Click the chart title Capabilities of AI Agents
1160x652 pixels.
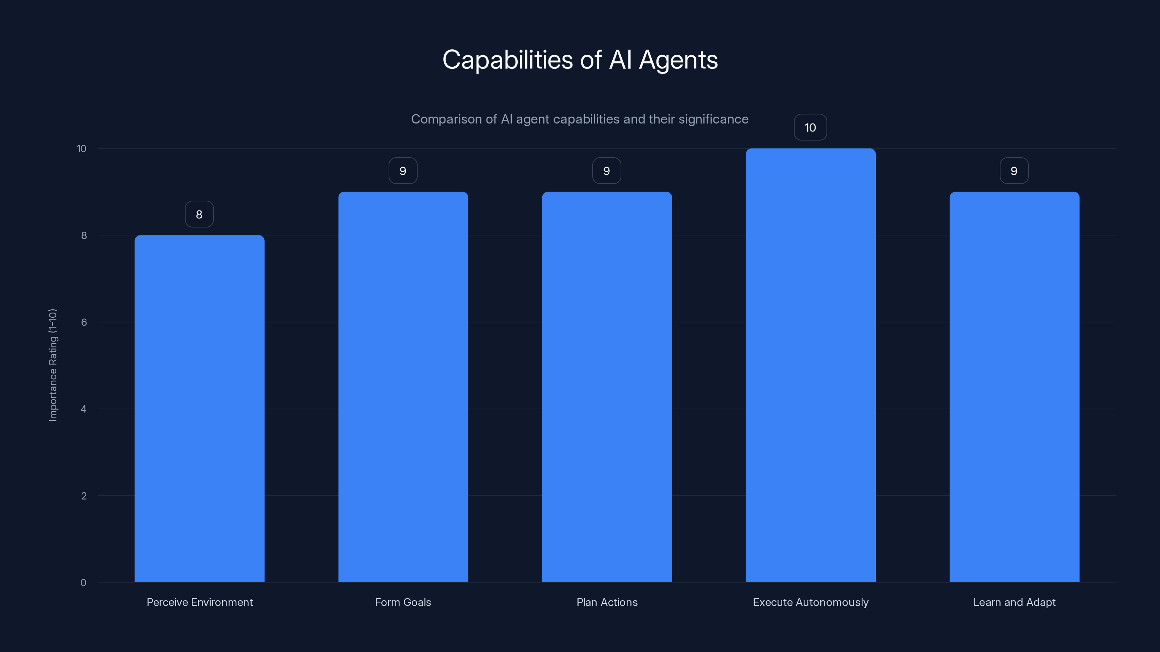(580, 60)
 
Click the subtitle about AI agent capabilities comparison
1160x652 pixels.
(580, 119)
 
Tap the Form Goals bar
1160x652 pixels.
(403, 387)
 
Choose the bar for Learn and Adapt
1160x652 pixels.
(1014, 387)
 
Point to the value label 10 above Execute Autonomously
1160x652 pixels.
(810, 128)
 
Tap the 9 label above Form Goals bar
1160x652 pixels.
(403, 171)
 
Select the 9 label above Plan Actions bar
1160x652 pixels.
(606, 171)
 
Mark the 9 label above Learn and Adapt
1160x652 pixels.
(1014, 171)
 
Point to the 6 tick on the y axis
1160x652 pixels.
(84, 322)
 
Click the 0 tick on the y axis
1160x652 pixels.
(83, 583)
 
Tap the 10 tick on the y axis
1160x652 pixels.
(82, 149)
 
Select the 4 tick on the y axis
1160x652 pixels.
(83, 409)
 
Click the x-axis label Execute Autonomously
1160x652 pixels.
(811, 602)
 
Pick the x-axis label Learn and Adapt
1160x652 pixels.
(1014, 602)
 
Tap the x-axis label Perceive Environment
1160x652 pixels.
(199, 602)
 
